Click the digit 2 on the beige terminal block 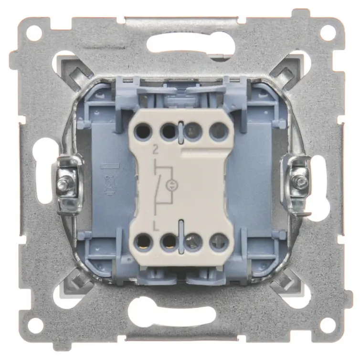point(156,150)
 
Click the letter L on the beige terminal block point(156,227)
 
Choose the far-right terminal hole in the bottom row point(219,241)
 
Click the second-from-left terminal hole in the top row point(169,132)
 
